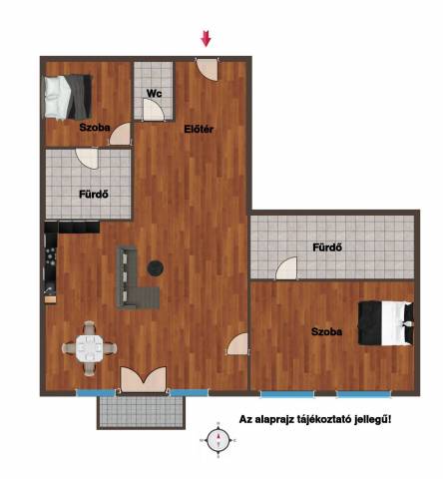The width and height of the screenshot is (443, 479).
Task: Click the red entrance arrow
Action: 206,39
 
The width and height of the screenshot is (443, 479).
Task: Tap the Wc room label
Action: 154,93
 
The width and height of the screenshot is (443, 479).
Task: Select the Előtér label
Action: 199,129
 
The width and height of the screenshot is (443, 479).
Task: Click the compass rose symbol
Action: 219,440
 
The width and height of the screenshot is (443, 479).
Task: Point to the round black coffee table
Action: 156,267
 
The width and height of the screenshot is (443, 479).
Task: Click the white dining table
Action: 90,348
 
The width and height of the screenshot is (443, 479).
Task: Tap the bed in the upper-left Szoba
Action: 68,97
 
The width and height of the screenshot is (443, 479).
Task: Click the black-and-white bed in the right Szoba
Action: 386,323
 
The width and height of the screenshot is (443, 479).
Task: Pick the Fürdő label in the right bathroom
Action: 327,247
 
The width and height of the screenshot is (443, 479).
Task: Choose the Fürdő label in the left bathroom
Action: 94,194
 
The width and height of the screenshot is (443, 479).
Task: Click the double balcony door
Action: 144,379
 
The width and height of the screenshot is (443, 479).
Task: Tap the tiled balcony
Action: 142,412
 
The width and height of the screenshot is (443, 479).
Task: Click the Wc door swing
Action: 154,110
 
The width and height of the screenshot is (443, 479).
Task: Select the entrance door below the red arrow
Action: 208,70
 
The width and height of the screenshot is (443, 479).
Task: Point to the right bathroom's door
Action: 286,268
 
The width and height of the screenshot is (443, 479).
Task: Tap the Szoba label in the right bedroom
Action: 326,331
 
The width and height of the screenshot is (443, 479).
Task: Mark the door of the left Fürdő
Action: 87,159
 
